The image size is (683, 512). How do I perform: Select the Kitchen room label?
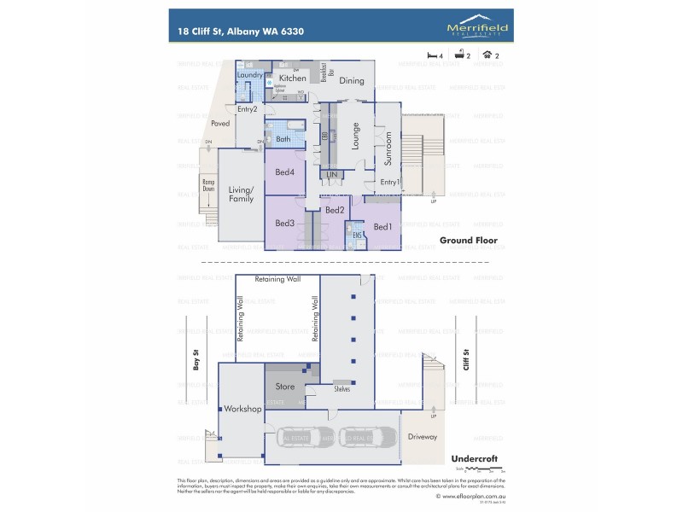[292, 79]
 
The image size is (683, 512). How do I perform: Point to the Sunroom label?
[388, 148]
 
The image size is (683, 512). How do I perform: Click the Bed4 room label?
[284, 172]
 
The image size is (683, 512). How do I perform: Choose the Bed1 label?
[383, 226]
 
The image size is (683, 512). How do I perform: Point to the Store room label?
[285, 387]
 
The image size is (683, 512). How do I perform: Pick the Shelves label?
[341, 389]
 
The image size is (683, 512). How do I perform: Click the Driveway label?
[422, 436]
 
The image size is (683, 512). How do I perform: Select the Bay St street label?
[196, 363]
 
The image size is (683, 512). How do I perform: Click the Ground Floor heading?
[468, 241]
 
